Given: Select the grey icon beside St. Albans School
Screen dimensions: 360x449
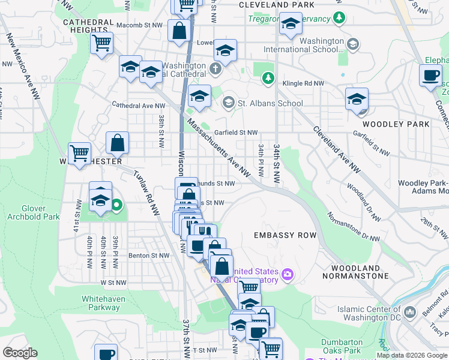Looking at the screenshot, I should pyautogui.click(x=228, y=103).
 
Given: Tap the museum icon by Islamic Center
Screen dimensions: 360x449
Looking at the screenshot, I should pyautogui.click(x=410, y=311).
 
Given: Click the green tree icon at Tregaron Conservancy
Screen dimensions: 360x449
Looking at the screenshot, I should pyautogui.click(x=340, y=17).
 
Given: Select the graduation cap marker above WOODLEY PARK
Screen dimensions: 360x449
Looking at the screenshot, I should pyautogui.click(x=357, y=98).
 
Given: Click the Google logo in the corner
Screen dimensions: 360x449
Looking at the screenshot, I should pyautogui.click(x=20, y=353).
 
